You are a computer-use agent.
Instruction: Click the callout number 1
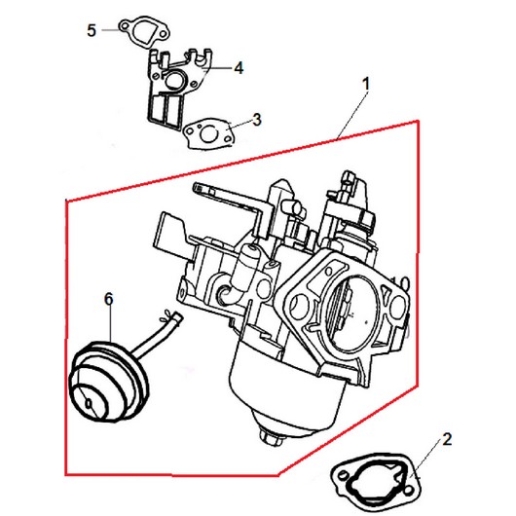click(x=366, y=84)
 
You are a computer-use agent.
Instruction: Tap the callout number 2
click(x=447, y=439)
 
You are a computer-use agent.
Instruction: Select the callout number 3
click(x=257, y=120)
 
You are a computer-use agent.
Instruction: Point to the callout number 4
click(x=239, y=68)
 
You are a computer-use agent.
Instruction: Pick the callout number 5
click(x=92, y=30)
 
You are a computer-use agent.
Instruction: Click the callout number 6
click(x=109, y=299)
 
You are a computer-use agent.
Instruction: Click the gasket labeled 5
click(x=144, y=32)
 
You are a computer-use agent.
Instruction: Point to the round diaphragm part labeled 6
click(x=108, y=382)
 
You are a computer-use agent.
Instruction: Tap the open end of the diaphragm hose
click(x=179, y=317)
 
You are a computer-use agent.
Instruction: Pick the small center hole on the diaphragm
click(x=89, y=404)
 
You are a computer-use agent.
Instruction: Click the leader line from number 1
click(x=351, y=115)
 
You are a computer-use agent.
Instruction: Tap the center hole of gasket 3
click(x=209, y=134)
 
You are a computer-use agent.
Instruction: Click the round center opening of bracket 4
click(x=173, y=79)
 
